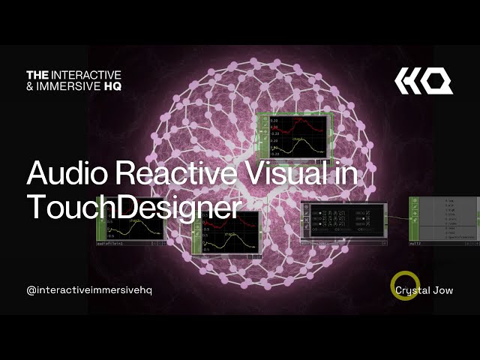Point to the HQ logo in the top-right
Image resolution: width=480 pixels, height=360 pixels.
point(424,80)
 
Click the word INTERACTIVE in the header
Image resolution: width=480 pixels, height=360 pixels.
point(86,75)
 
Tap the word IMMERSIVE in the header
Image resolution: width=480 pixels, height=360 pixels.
point(71,85)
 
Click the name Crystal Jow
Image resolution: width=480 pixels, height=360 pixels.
point(424,290)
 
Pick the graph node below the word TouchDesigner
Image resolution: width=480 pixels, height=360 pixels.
point(226,232)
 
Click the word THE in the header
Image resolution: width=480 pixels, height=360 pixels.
point(37,75)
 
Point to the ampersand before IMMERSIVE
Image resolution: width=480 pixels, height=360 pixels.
point(30,85)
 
